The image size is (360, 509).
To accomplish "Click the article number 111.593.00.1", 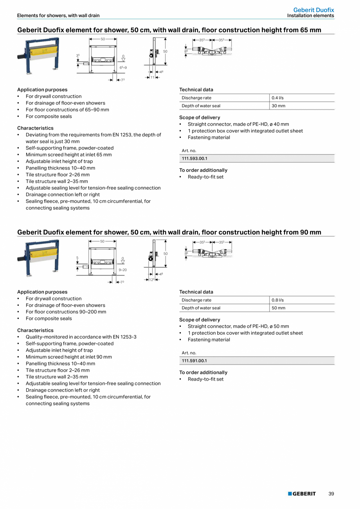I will pyautogui.click(x=194, y=159).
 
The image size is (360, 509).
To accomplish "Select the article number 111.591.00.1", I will pyautogui.click(x=194, y=361).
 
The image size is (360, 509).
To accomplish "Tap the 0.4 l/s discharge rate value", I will pyautogui.click(x=277, y=98).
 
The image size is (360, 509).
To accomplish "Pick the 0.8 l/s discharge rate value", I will pyautogui.click(x=277, y=300).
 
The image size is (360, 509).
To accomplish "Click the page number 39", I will pyautogui.click(x=331, y=494).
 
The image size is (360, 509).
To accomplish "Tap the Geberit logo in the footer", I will pyautogui.click(x=302, y=494).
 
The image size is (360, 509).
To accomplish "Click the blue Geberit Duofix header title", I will pyautogui.click(x=313, y=10).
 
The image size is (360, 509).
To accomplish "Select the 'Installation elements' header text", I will pyautogui.click(x=310, y=16).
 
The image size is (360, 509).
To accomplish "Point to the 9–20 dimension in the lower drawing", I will pyautogui.click(x=122, y=270).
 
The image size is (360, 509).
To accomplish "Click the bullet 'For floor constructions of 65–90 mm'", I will pyautogui.click(x=67, y=110).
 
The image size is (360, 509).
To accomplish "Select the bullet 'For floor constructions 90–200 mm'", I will pyautogui.click(x=66, y=312).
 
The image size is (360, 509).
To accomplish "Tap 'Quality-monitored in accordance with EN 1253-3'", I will pyautogui.click(x=81, y=337).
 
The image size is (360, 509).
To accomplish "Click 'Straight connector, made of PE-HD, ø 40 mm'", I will pyautogui.click(x=238, y=124).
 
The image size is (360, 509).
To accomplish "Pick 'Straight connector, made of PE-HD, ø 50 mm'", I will pyautogui.click(x=238, y=326).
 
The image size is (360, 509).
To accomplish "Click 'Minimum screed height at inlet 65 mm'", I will pyautogui.click(x=68, y=155).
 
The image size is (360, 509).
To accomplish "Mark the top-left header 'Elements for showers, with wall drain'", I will pyautogui.click(x=58, y=16).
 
